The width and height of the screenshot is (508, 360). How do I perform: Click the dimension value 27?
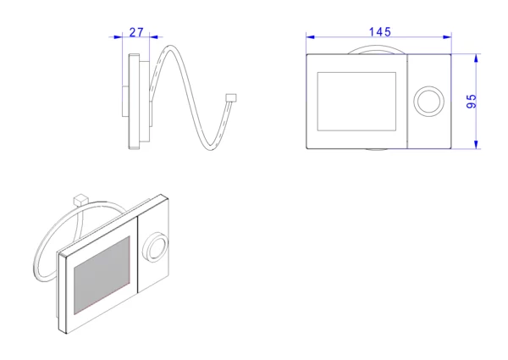136,32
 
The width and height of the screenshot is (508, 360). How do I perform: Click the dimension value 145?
379,32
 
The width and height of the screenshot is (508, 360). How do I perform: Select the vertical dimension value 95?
472,101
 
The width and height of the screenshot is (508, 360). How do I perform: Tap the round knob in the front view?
428,101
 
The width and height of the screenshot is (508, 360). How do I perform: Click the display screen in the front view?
356,102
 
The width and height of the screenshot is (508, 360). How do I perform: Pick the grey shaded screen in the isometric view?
102,275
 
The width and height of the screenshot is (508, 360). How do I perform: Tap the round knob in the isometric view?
156,247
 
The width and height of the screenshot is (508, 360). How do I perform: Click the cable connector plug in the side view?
231,97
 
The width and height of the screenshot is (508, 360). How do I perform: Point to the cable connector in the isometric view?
80,200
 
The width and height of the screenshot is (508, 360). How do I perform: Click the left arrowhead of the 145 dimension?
310,37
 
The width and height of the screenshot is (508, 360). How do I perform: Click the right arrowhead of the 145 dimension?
447,37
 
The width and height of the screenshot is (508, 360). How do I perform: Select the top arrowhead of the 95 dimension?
476,58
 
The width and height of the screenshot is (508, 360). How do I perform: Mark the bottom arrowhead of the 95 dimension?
476,145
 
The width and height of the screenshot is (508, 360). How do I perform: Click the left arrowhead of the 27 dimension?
119,37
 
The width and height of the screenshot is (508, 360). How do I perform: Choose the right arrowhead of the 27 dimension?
154,37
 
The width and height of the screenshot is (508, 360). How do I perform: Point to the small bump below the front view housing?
376,150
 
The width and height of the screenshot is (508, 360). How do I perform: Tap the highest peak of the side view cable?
171,47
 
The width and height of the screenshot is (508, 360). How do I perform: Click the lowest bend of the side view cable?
211,147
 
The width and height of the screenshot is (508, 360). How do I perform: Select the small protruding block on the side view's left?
125,101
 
